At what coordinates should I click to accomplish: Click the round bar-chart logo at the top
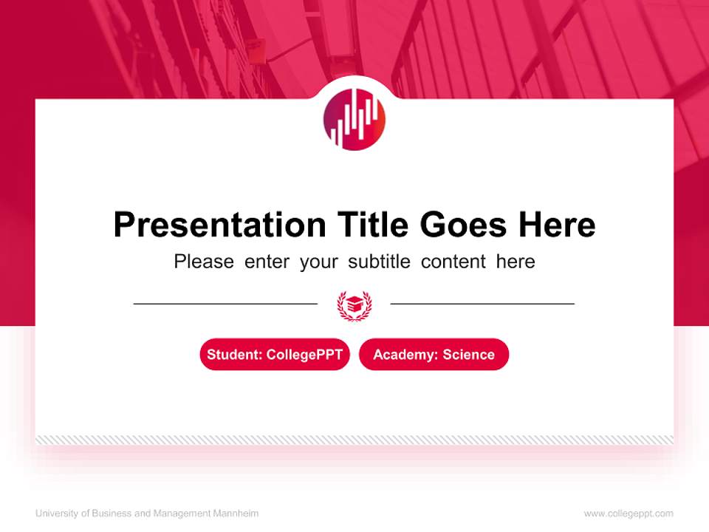coord(354,119)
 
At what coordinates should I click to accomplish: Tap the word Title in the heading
coord(373,225)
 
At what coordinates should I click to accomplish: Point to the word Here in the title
coord(556,225)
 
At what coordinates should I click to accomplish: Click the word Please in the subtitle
coord(204,262)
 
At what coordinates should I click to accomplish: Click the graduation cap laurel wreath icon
coord(354,304)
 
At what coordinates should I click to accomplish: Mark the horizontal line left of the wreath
coord(225,303)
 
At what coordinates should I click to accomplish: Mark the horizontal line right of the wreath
coord(482,303)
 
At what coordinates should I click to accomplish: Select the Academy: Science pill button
coord(434,355)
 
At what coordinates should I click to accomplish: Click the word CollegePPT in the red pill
coord(304,355)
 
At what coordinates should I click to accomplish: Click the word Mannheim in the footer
coord(236,514)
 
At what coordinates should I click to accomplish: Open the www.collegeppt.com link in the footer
coord(628,514)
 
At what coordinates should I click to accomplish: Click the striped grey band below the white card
coord(354,440)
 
